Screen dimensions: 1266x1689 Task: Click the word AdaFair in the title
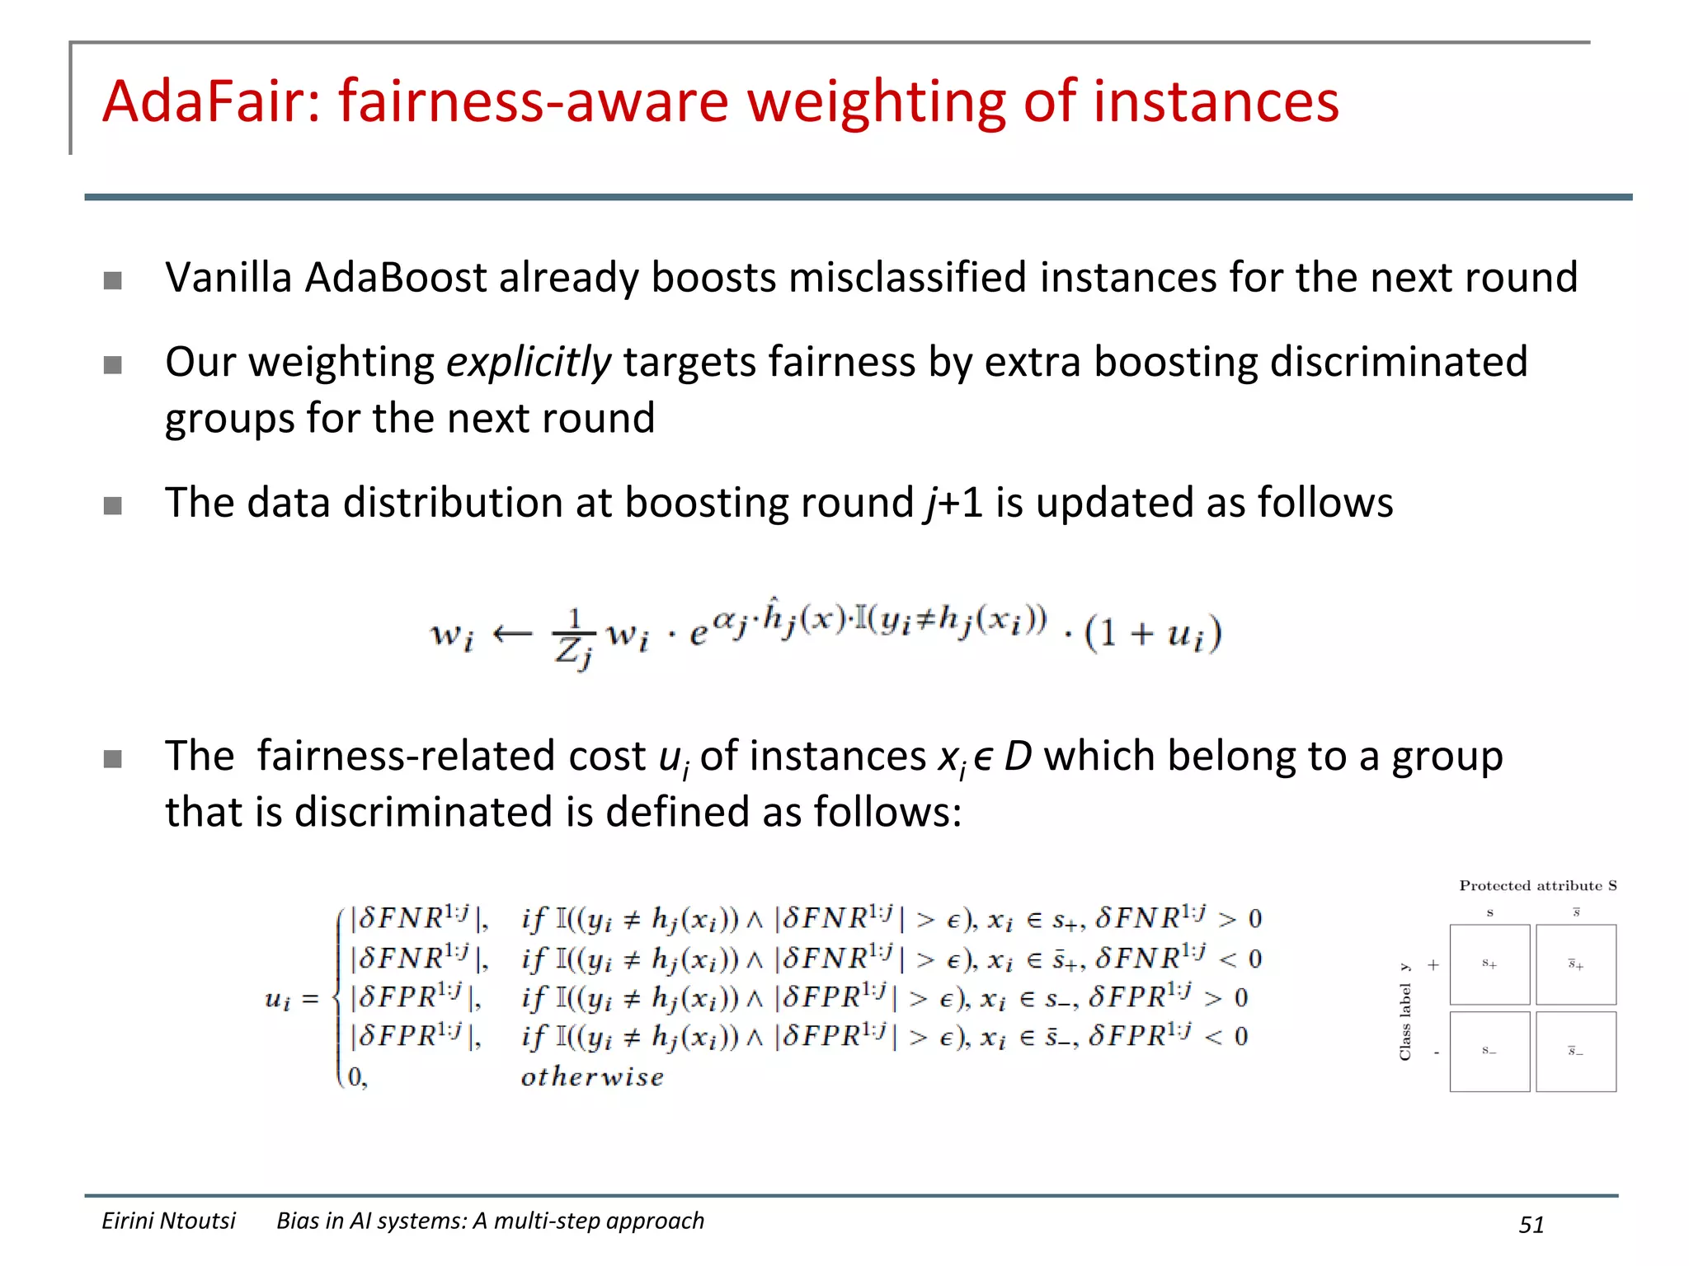tap(211, 101)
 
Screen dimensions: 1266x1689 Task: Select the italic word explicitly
tap(528, 363)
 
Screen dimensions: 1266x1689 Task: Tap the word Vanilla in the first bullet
tap(228, 277)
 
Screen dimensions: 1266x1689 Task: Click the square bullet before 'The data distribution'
tap(113, 505)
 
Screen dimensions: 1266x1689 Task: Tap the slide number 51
tap(1531, 1225)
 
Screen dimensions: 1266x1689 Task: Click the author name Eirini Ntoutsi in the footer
tap(168, 1221)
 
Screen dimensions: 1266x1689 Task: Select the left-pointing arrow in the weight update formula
tap(512, 633)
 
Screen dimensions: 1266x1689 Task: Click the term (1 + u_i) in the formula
tap(1153, 633)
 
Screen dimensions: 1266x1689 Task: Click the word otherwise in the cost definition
tap(592, 1077)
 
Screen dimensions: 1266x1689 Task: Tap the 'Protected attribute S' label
tap(1537, 886)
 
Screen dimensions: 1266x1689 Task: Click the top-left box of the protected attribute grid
tap(1489, 964)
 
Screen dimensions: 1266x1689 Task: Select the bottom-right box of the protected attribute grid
tap(1576, 1052)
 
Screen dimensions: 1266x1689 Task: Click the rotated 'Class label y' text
tap(1405, 1012)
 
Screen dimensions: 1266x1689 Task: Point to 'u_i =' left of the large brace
tap(291, 1000)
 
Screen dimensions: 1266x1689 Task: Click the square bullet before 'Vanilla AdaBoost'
tap(113, 280)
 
